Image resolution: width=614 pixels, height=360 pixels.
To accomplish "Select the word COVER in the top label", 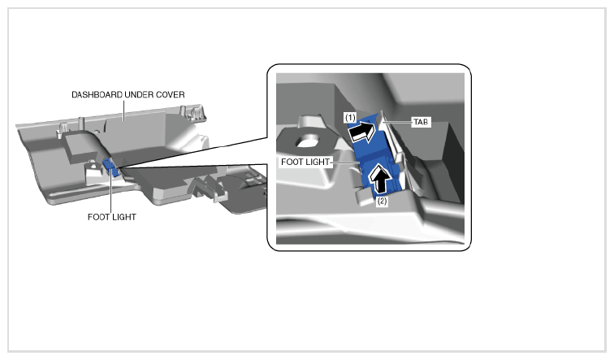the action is [x=171, y=95].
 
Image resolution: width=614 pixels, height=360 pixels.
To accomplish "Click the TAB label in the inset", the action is [x=421, y=122].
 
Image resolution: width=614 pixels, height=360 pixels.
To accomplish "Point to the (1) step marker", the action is [x=350, y=117].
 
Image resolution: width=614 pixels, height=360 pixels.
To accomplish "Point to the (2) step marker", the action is [x=382, y=202].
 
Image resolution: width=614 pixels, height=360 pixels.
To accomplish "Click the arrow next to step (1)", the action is [x=361, y=131].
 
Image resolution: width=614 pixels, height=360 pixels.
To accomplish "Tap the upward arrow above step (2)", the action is [x=381, y=179].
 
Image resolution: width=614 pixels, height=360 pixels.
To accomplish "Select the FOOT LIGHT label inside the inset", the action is [x=305, y=162].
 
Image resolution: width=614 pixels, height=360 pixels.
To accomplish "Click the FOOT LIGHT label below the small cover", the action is [x=112, y=217].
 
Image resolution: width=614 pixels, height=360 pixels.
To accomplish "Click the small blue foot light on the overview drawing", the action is [x=110, y=167].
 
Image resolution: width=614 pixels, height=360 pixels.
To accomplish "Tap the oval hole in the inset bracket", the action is [x=307, y=141].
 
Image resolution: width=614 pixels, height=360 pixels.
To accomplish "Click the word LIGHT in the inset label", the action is [x=318, y=162].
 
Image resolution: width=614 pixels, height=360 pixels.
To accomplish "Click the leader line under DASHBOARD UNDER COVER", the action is [x=124, y=110].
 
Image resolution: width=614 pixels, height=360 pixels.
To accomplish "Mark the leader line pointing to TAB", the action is [x=398, y=122].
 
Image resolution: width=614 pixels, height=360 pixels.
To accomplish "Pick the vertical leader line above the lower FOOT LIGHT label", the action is [x=111, y=191].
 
